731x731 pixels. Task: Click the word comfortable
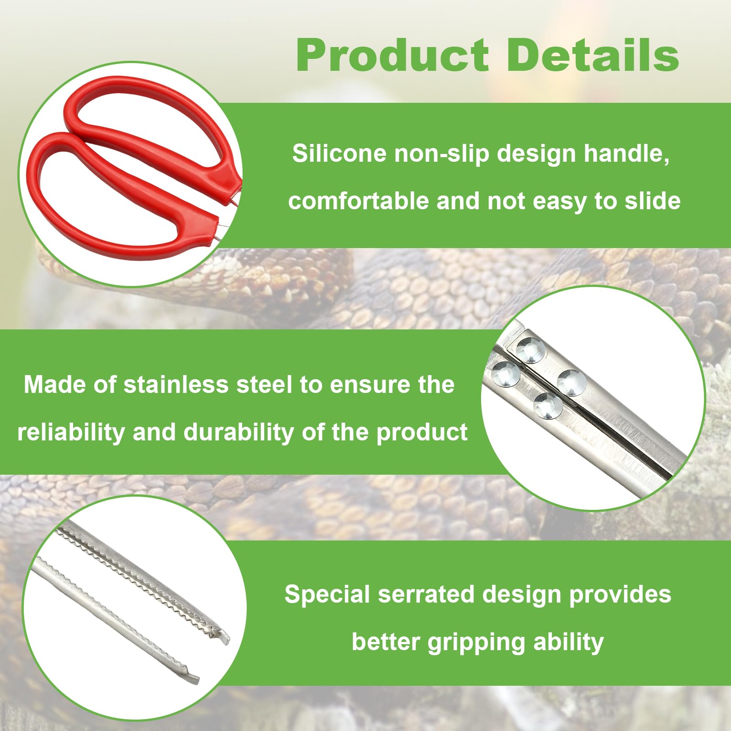click(x=358, y=201)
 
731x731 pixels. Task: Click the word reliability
click(x=71, y=432)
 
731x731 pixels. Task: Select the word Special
click(x=327, y=594)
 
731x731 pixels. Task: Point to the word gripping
click(x=476, y=642)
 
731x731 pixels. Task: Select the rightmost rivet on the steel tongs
click(x=571, y=381)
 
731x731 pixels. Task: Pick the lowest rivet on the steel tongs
click(x=548, y=405)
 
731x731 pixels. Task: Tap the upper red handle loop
click(x=151, y=114)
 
